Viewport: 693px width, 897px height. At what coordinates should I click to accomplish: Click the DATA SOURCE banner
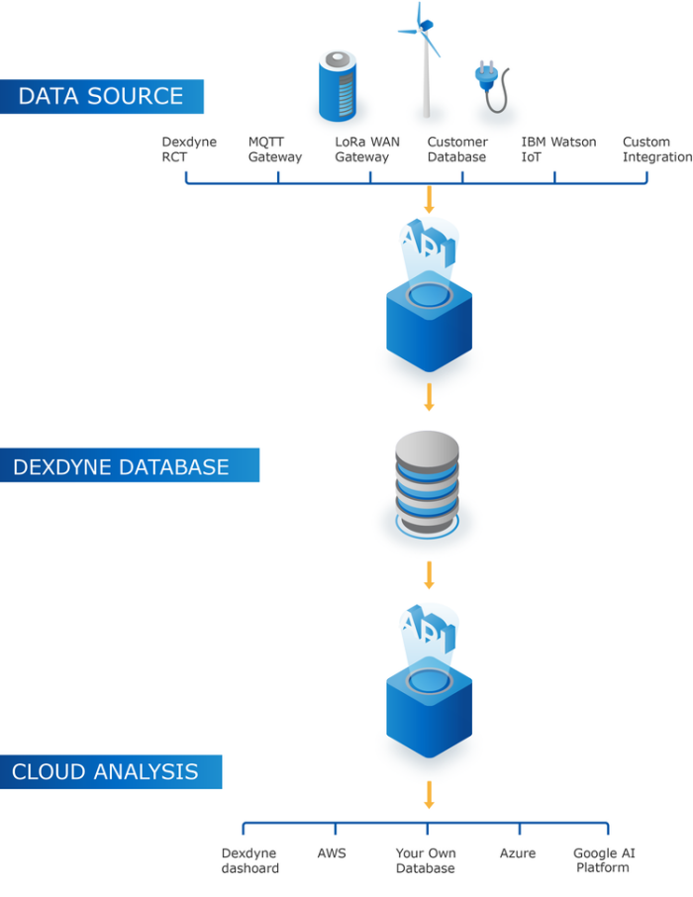coord(101,96)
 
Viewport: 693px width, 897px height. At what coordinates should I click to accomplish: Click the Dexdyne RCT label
coord(188,149)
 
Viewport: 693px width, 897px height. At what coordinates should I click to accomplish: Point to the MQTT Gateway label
coord(274,149)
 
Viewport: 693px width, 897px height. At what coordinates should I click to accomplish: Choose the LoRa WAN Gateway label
coord(366,149)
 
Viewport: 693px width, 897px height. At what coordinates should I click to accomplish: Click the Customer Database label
coord(457,149)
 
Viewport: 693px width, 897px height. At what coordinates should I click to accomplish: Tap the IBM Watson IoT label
coord(558,149)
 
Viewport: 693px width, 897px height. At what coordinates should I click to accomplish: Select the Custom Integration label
coord(656,149)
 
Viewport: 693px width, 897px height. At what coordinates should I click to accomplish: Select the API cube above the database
coord(429,297)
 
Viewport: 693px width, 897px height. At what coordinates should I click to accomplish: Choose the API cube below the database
coord(429,683)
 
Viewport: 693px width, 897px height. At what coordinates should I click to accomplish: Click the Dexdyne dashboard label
coord(249,860)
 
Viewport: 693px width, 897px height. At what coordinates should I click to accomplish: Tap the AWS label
coord(332,852)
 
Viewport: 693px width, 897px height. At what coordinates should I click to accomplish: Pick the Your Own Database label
coord(426,860)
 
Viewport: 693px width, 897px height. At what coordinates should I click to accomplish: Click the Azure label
coord(518,852)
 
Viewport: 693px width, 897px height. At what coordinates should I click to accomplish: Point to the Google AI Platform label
coord(603,860)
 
